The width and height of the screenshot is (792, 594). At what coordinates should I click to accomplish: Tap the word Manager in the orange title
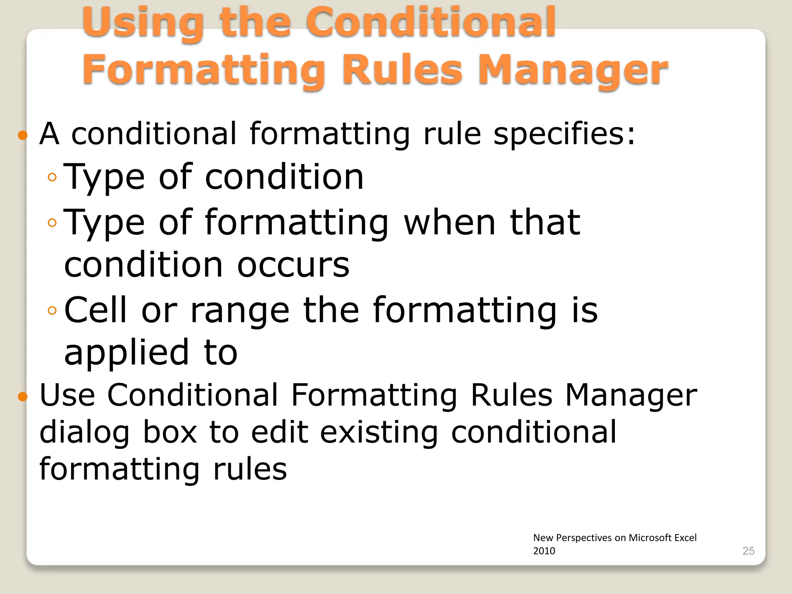(x=573, y=70)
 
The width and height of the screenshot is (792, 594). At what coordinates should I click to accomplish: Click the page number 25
(x=748, y=551)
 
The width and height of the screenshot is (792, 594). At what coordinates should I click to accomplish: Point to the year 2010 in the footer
(x=544, y=551)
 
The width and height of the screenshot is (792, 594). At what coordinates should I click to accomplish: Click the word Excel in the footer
(x=685, y=538)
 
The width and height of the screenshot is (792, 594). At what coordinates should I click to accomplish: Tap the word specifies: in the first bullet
(x=565, y=134)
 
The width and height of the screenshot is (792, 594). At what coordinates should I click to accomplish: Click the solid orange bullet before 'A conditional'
(x=23, y=135)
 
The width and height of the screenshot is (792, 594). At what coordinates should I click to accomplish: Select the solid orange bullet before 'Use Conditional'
(x=23, y=396)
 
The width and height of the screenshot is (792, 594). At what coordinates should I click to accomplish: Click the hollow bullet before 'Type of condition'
(x=52, y=178)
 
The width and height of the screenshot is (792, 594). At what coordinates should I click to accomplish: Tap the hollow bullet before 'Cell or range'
(x=52, y=311)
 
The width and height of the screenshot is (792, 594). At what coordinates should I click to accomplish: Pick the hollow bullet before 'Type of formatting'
(x=52, y=222)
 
